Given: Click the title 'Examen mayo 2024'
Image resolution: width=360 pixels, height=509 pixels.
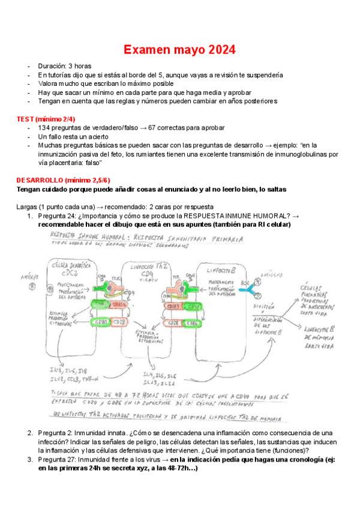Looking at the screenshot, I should point(179,49).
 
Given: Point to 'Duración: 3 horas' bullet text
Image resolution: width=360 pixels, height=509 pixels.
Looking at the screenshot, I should point(71,66).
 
